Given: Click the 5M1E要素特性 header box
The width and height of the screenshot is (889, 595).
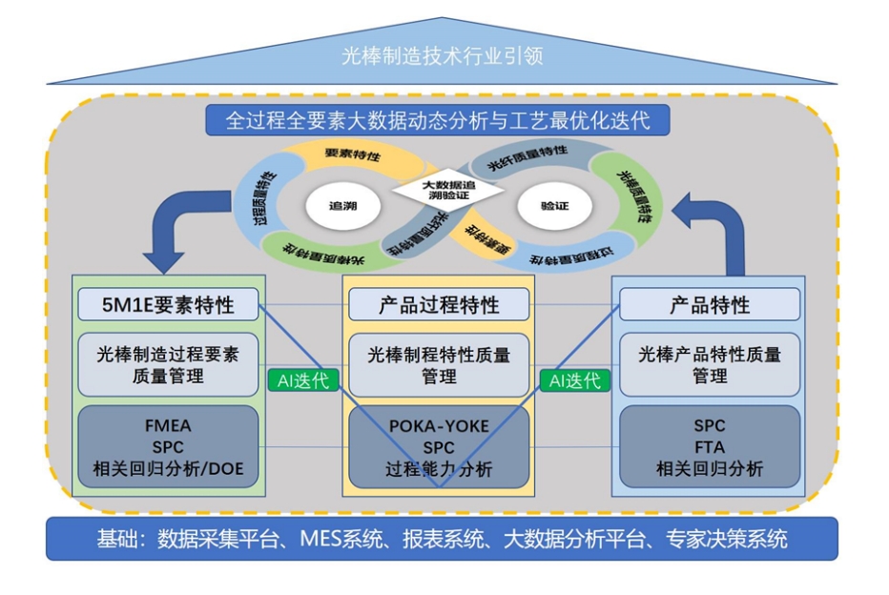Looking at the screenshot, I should [169, 305].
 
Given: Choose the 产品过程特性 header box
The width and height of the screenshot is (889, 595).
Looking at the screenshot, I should [438, 305].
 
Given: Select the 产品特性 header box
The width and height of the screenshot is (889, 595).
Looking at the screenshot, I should [710, 305].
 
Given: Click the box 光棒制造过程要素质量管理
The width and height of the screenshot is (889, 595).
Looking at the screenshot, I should [169, 364].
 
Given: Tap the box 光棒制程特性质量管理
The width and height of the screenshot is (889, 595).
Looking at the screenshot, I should [438, 364].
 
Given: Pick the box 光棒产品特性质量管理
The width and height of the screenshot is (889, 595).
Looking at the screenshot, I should [710, 364].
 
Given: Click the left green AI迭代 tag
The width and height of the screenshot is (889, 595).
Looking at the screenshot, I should [303, 380].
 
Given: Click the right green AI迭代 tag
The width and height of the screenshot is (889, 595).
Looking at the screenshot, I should [574, 380].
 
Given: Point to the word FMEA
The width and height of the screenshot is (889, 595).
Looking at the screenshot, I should [169, 425].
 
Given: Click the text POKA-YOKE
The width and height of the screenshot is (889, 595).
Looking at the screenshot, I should [439, 426].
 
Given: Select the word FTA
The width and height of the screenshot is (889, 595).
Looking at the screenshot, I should [710, 446].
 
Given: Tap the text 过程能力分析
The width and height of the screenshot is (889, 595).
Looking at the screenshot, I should [439, 468].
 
